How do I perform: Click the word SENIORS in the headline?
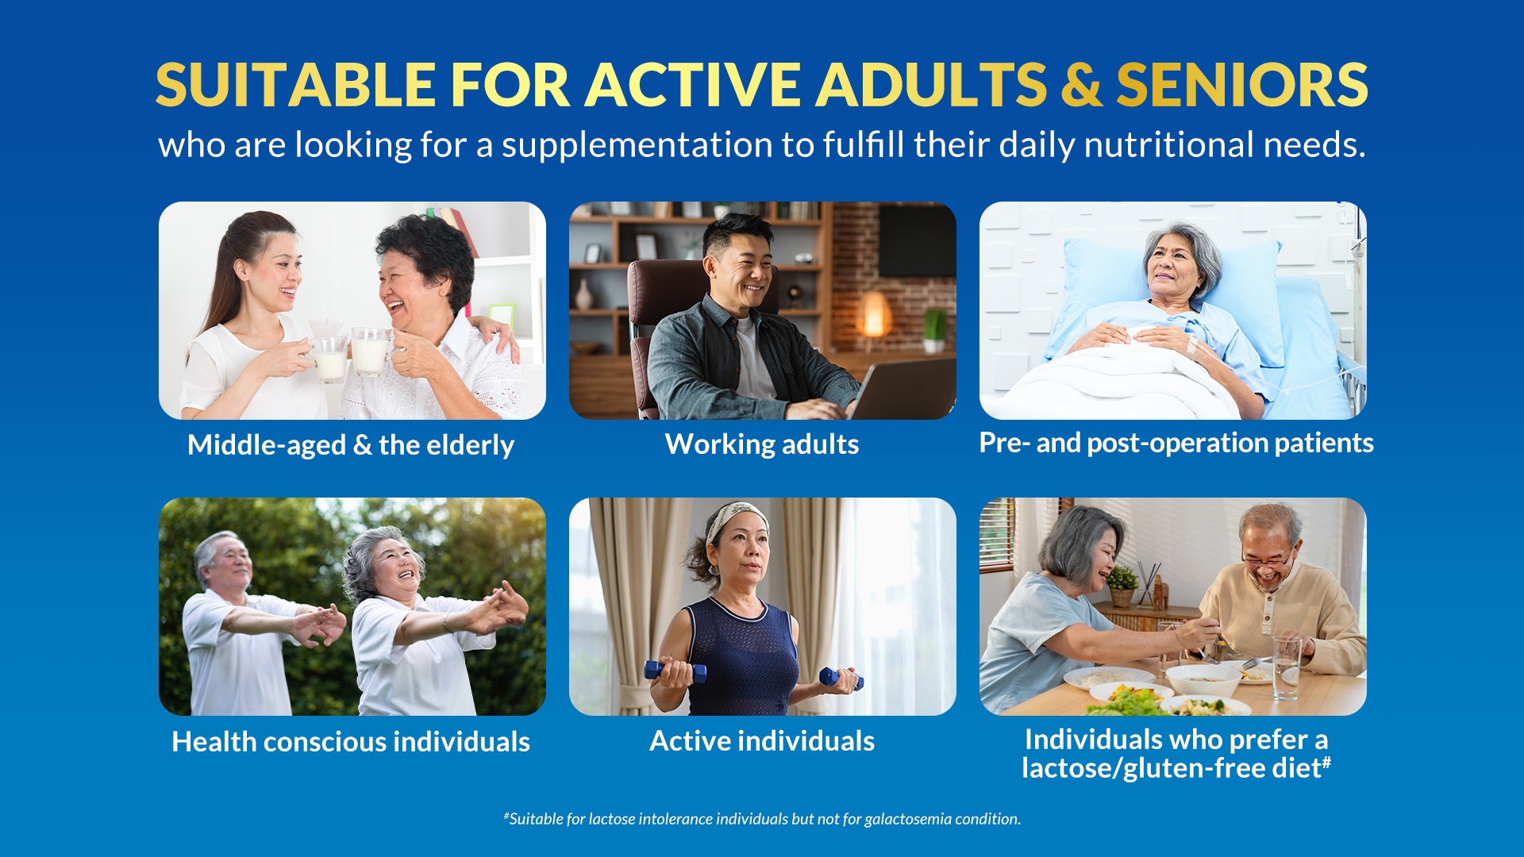[1241, 85]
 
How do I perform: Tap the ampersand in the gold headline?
[1081, 85]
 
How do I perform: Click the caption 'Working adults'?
[762, 444]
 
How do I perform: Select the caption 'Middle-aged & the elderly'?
[351, 445]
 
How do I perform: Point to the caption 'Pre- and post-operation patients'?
[1176, 443]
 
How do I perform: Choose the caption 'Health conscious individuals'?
[351, 742]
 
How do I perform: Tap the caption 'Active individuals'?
[762, 741]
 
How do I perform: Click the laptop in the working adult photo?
[905, 390]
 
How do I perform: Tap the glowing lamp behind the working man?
[874, 313]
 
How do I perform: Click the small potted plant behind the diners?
[1122, 586]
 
